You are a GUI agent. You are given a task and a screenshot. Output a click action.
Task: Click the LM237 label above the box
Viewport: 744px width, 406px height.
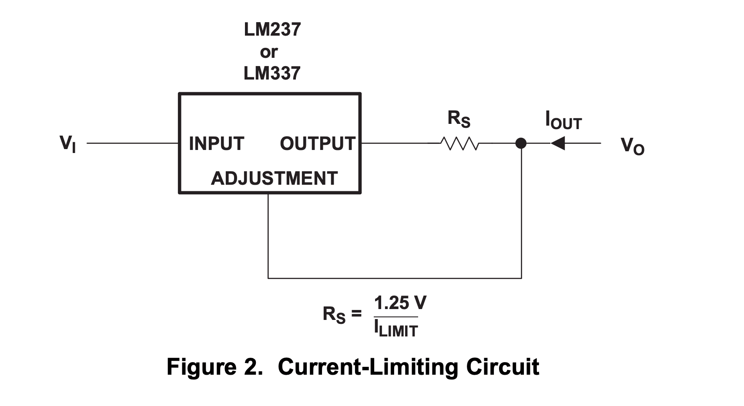[x=272, y=30]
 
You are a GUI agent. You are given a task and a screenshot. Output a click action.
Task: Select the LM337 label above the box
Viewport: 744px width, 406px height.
[x=272, y=73]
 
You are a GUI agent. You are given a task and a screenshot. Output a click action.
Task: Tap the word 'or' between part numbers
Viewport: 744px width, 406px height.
[x=268, y=52]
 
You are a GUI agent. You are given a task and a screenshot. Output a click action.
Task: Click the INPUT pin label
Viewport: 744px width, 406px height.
[x=216, y=143]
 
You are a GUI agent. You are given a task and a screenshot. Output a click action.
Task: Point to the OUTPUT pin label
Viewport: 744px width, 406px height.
[x=318, y=143]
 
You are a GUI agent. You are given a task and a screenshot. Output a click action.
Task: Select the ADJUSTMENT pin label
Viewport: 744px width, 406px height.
[x=274, y=178]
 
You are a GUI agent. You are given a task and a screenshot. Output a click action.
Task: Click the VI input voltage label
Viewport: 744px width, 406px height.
[x=67, y=143]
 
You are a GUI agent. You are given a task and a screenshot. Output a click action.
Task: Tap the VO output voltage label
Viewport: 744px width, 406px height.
[x=632, y=146]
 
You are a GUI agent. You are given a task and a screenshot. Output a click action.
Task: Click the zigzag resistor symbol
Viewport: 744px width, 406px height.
[x=459, y=143]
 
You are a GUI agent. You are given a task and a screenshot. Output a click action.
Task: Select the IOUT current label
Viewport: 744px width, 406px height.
[x=563, y=120]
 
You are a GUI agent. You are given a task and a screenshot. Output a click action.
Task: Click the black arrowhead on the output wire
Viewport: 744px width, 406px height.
[x=558, y=143]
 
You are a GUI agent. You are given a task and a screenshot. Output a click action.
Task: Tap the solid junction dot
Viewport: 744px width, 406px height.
[x=521, y=143]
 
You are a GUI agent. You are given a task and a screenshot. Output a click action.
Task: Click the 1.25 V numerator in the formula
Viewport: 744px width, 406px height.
[x=400, y=303]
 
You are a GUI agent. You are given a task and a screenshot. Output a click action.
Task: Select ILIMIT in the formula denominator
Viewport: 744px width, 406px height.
[x=395, y=329]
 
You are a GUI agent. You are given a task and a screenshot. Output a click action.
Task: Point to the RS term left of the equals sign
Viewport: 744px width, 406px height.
[x=334, y=314]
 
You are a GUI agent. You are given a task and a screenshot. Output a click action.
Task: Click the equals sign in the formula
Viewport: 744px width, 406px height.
[x=357, y=313]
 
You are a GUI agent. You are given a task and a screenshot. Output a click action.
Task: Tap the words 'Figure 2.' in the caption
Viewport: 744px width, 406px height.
[x=215, y=367]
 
